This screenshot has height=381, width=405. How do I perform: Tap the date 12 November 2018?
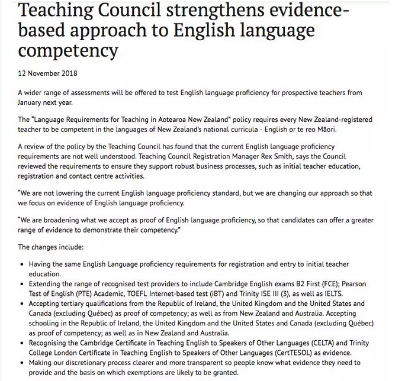48,74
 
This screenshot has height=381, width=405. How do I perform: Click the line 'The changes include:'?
51,247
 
